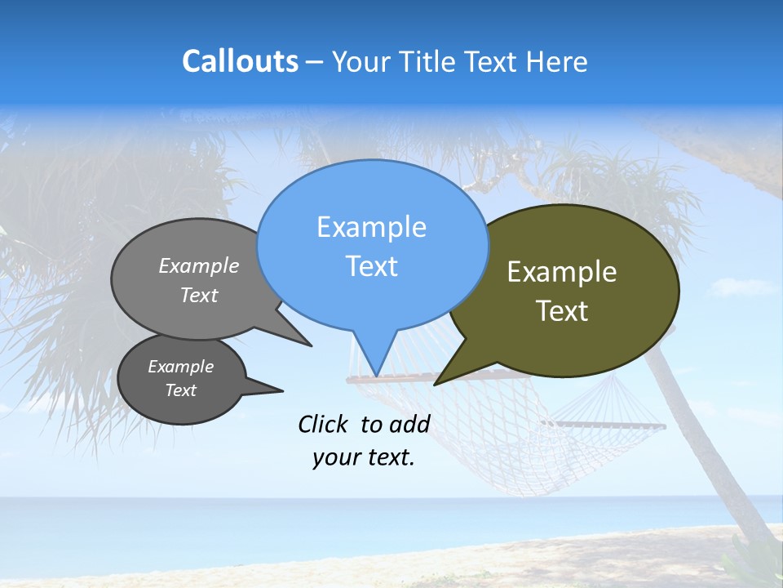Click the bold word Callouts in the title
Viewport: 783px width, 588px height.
click(240, 61)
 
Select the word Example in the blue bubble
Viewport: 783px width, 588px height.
click(371, 227)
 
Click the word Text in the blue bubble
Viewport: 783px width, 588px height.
click(371, 266)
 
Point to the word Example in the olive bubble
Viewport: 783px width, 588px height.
click(562, 272)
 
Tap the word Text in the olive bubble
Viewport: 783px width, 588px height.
click(562, 311)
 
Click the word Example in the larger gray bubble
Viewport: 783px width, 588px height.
click(198, 266)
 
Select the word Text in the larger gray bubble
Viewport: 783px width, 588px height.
click(198, 295)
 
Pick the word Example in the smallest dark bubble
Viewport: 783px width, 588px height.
click(180, 367)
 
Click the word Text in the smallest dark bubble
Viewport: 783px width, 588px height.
click(180, 390)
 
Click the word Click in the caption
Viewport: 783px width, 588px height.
click(325, 424)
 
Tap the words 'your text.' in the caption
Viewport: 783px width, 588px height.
click(364, 458)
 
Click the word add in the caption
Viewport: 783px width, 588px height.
click(409, 424)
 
